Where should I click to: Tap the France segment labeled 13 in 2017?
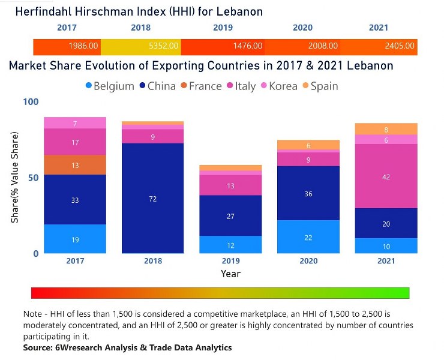click(75, 165)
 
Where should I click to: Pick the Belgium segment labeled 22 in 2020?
click(308, 237)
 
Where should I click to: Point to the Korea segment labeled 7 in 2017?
click(75, 124)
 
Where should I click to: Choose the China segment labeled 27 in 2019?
click(230, 215)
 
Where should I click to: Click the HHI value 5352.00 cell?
click(140, 46)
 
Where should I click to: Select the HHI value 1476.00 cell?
click(223, 46)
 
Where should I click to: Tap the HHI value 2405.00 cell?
click(378, 46)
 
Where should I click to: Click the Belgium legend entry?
click(109, 86)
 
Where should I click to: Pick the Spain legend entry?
click(319, 86)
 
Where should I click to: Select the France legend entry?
click(200, 86)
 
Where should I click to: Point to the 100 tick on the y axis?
click(30, 102)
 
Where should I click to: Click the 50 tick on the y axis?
click(33, 178)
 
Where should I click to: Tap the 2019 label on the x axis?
click(230, 262)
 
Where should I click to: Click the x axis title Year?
click(230, 274)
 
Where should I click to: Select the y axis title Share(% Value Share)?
click(14, 178)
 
